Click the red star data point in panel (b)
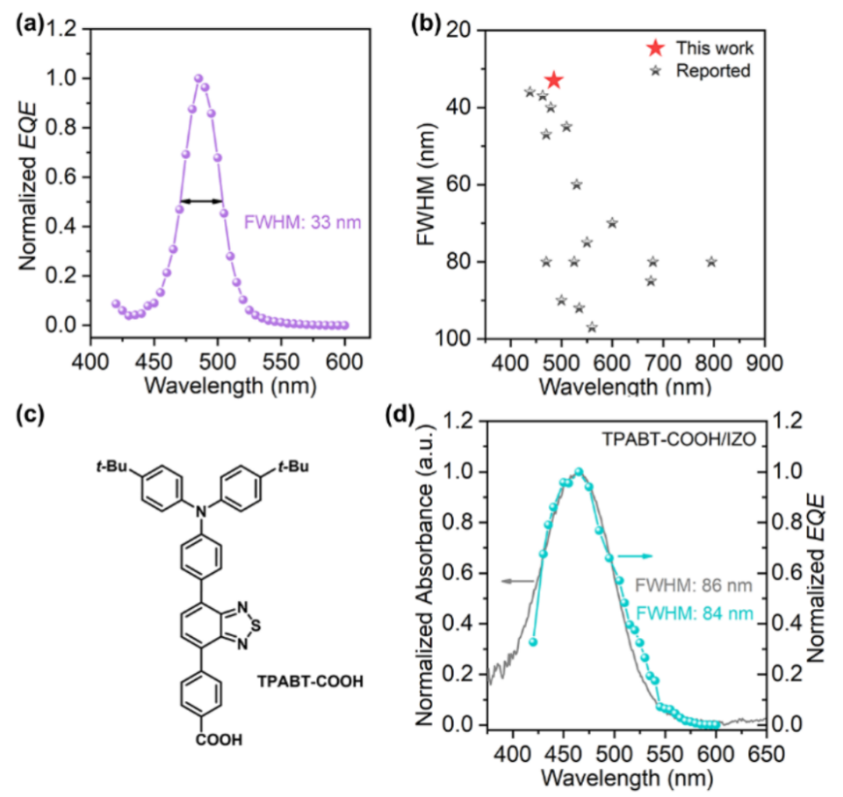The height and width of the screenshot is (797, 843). click(x=554, y=81)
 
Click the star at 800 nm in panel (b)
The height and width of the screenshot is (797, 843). click(x=711, y=262)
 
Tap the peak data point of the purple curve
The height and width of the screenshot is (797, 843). click(x=198, y=78)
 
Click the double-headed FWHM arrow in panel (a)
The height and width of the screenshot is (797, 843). click(x=201, y=201)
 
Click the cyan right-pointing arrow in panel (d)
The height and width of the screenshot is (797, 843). click(x=634, y=556)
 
